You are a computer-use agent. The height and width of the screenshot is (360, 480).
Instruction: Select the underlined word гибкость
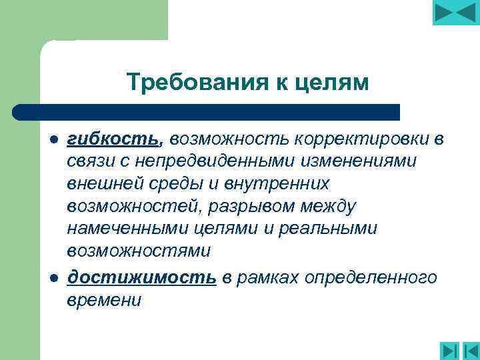(113, 139)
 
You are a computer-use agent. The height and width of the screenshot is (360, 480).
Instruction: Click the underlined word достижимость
(142, 277)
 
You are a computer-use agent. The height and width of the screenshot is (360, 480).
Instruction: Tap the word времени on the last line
(104, 300)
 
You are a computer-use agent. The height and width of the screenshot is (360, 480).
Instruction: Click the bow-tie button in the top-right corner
(455, 13)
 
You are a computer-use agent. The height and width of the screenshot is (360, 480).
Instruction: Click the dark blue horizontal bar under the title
(207, 111)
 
